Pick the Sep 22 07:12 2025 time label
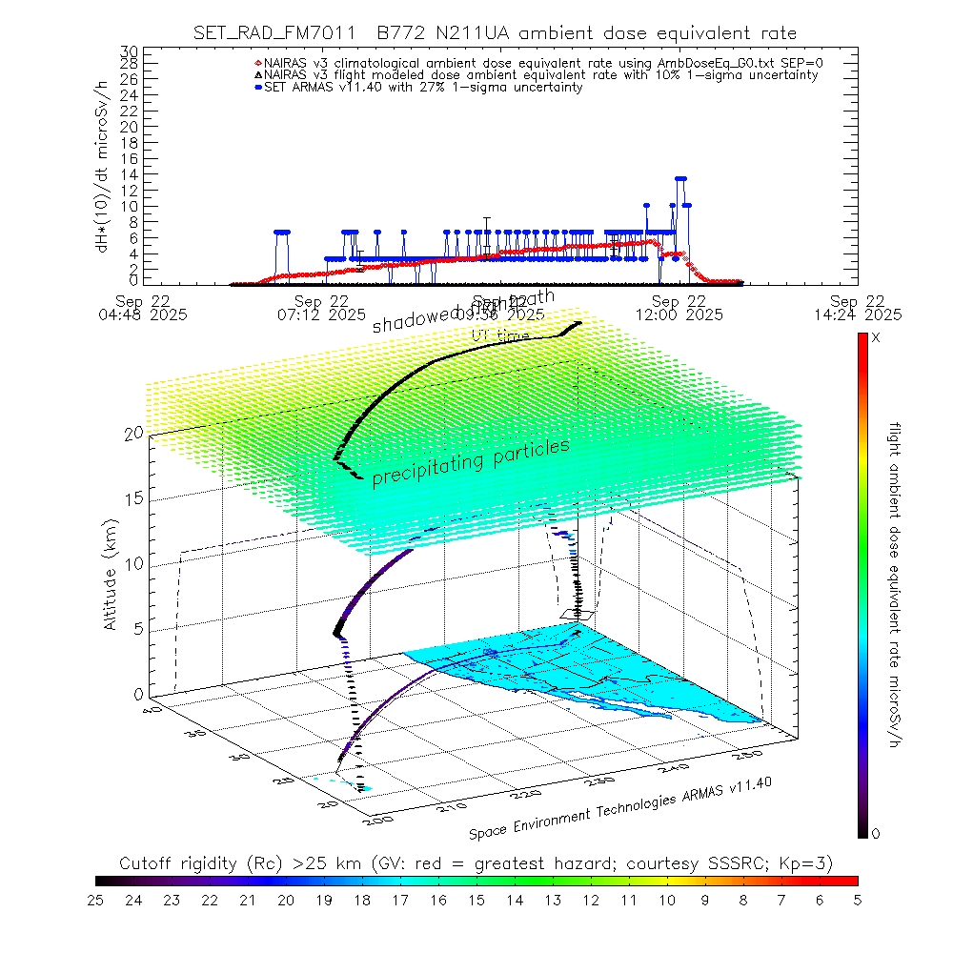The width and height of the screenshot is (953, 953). [324, 305]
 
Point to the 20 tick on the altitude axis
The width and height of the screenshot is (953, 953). [133, 434]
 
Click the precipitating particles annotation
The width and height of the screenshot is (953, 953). [471, 462]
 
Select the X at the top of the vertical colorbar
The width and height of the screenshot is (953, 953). [876, 338]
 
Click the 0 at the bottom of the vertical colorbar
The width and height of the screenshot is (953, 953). [876, 833]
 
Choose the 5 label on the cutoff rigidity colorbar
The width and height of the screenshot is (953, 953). [857, 900]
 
